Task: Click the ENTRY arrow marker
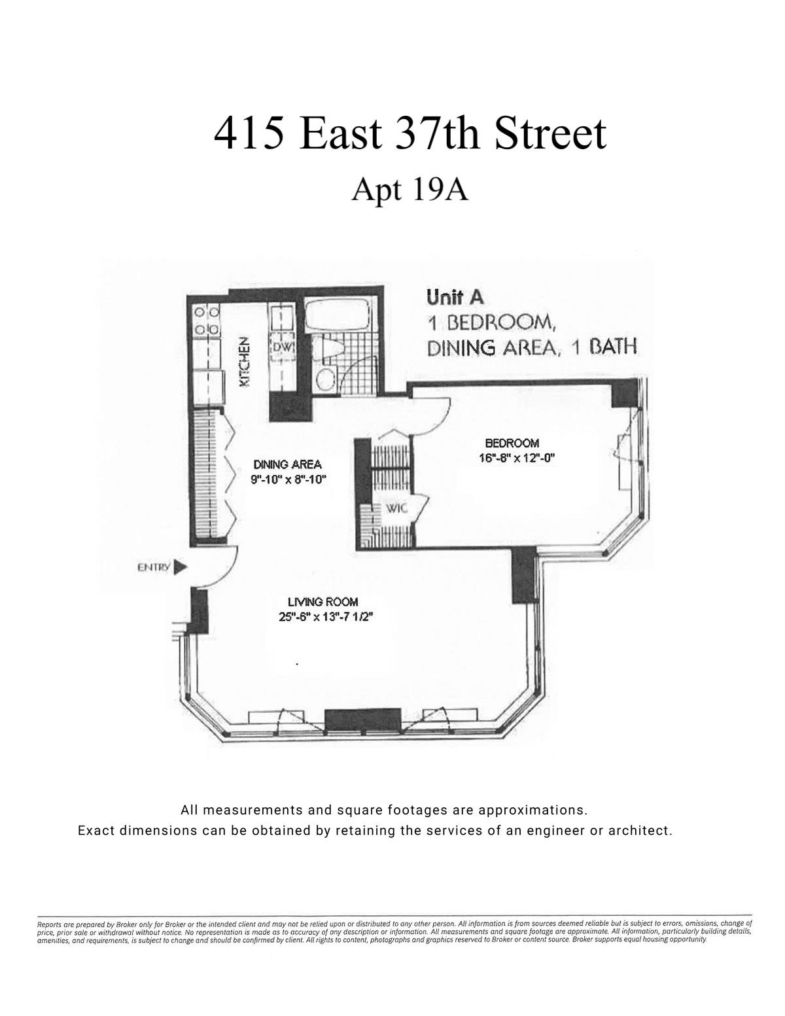click(x=181, y=567)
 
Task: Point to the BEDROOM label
click(x=512, y=443)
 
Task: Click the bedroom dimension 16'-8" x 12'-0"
click(x=516, y=458)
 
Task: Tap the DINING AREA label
click(x=287, y=464)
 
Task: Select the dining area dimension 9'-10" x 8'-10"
click(x=288, y=479)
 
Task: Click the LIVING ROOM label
click(x=323, y=602)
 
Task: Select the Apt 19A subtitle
click(x=410, y=190)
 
